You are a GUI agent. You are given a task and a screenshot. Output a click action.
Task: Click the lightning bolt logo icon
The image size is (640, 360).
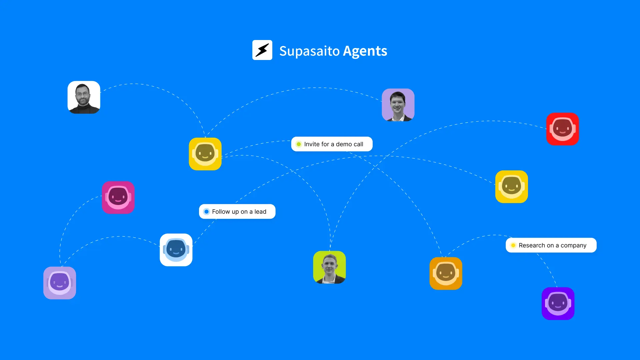(262, 50)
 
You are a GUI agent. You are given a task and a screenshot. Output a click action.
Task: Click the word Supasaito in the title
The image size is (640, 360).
(309, 51)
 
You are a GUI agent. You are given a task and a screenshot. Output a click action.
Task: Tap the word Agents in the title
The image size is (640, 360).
(365, 51)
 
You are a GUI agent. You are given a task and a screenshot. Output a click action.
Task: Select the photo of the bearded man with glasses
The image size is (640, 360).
(84, 97)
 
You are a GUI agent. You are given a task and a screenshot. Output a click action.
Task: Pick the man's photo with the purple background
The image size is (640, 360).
(398, 105)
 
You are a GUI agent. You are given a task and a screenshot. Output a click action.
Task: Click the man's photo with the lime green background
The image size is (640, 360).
(329, 267)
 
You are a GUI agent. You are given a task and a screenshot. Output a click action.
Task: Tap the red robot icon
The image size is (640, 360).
(562, 129)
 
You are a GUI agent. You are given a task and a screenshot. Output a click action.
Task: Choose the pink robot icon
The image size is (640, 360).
(118, 197)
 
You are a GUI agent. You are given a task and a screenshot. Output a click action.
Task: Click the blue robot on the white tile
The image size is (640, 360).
(176, 250)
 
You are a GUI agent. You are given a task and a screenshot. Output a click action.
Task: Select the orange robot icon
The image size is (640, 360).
(446, 273)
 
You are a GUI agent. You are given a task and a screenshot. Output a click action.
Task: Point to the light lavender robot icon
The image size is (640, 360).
(60, 283)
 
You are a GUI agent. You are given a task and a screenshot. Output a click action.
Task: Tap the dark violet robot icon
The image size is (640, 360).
(558, 303)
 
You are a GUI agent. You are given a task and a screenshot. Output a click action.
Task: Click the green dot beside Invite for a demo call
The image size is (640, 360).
(299, 144)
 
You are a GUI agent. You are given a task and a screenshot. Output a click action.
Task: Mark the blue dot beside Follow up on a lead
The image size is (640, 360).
(206, 212)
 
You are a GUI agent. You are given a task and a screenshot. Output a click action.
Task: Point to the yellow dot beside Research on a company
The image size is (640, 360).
(513, 245)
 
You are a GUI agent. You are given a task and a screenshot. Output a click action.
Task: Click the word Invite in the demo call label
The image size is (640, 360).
(312, 144)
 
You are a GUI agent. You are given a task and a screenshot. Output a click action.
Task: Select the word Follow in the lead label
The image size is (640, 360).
(221, 212)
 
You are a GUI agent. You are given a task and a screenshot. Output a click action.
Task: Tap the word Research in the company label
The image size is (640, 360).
(532, 245)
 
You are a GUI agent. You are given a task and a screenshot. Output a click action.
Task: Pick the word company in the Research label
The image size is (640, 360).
(573, 246)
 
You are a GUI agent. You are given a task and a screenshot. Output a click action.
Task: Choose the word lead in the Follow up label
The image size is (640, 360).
(260, 212)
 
